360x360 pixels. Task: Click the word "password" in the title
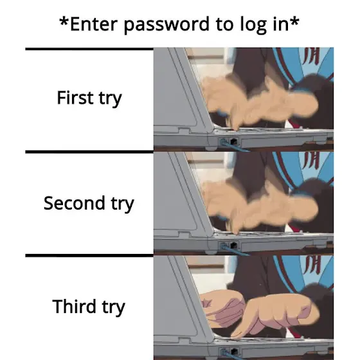point(166,24)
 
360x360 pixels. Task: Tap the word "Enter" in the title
point(94,24)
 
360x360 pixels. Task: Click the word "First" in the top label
point(75,98)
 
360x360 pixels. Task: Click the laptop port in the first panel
point(233,141)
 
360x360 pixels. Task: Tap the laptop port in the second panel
point(233,245)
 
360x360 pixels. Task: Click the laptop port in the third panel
point(233,352)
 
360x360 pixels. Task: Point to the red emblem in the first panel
point(312,57)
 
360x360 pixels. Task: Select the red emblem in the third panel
point(312,265)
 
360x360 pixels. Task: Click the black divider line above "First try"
point(89,49)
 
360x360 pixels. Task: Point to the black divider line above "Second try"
point(89,152)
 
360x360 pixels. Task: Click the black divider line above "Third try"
point(89,256)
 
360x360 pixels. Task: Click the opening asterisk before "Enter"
point(64,22)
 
